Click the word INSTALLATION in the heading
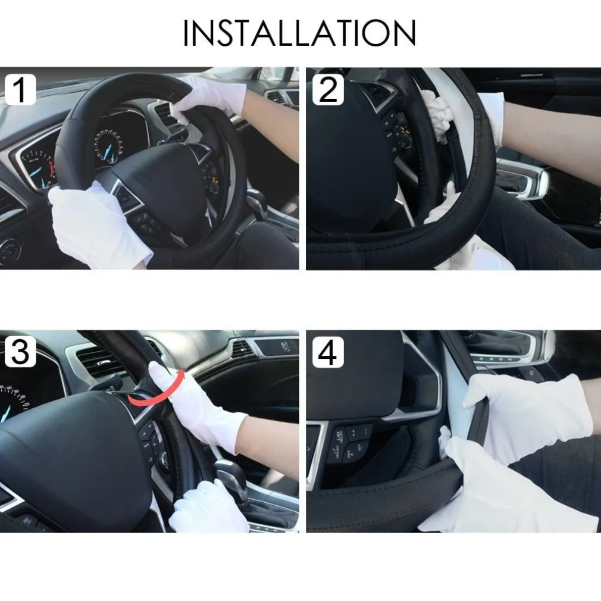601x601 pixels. tap(299, 33)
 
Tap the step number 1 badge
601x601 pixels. tap(20, 90)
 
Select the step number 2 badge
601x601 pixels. tap(328, 90)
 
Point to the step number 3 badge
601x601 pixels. tap(20, 352)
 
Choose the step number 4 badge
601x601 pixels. tap(328, 352)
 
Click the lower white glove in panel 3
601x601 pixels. tap(209, 508)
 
